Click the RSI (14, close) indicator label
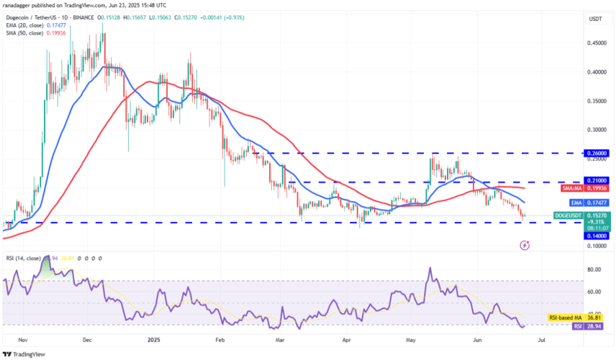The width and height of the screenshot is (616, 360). [x=23, y=257]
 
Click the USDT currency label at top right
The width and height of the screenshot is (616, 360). [x=595, y=19]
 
